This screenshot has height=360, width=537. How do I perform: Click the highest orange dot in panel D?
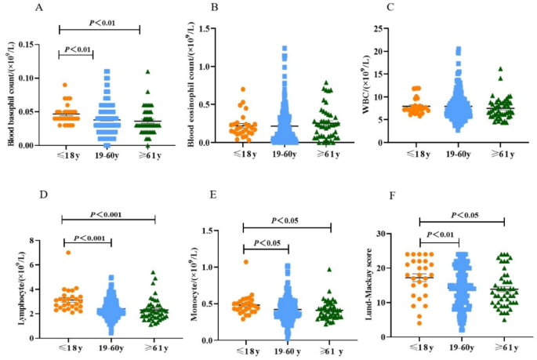coord(69,252)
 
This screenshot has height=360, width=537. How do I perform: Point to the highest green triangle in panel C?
coord(499,68)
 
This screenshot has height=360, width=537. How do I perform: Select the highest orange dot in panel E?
coord(246,261)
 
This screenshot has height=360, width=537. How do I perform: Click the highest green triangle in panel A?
coord(147,71)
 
